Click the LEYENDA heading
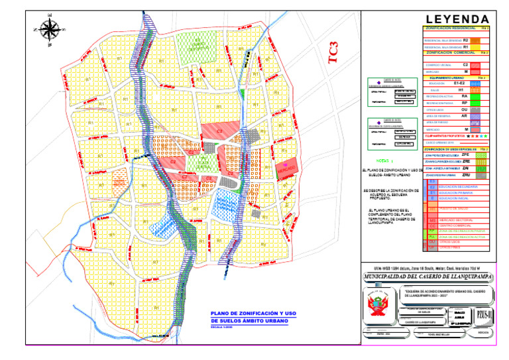tap(458, 19)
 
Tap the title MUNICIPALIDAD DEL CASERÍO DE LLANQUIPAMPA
tap(428, 275)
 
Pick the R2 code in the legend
tap(466, 40)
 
